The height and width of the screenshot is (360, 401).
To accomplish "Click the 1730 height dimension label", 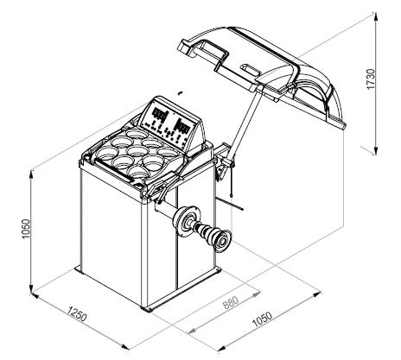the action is (372, 79).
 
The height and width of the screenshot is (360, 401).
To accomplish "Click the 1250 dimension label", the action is (77, 313).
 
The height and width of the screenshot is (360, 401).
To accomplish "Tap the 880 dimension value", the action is (232, 302).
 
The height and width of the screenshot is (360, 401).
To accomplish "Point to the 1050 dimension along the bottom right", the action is (262, 319).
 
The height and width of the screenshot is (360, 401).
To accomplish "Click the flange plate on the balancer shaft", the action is (188, 220).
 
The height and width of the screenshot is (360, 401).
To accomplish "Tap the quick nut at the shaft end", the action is (222, 241).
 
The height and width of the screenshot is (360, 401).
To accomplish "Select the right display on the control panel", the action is (182, 126).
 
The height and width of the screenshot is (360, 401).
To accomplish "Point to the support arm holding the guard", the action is (245, 121).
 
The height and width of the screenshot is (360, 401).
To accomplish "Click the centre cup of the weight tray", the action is (137, 150).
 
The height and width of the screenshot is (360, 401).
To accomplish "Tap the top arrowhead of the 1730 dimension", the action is (375, 17).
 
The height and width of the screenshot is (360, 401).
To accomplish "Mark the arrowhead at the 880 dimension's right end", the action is (256, 293).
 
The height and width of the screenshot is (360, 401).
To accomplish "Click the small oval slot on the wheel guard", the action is (249, 68).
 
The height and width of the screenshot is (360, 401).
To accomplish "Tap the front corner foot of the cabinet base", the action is (148, 310).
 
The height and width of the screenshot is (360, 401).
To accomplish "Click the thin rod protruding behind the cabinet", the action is (231, 204).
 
